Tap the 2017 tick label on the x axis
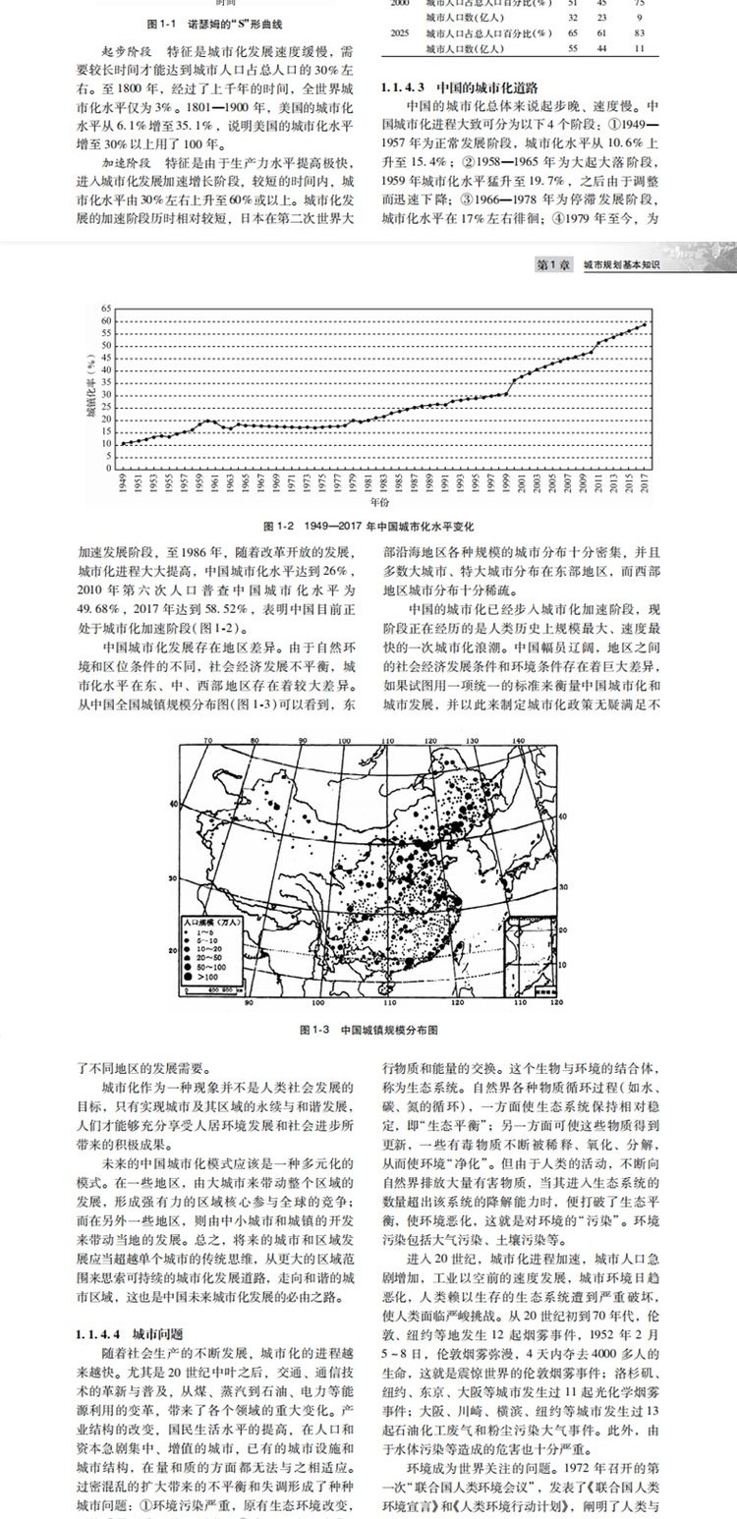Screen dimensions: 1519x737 (645, 482)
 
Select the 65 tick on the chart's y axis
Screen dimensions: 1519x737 (106, 309)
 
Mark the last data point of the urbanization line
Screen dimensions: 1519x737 (645, 323)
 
